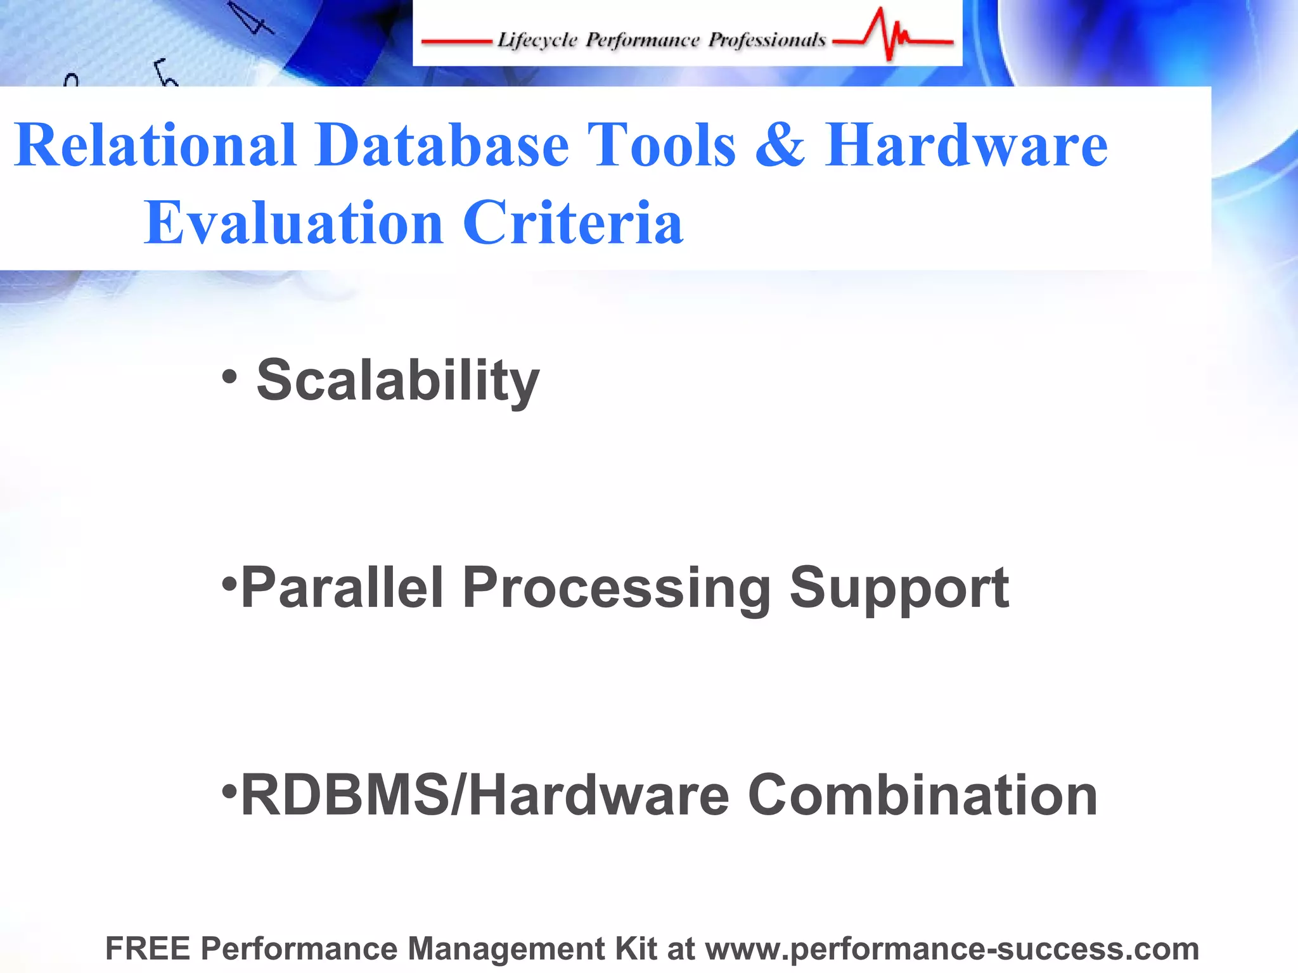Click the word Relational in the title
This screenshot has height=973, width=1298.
155,146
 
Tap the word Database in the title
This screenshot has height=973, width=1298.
442,146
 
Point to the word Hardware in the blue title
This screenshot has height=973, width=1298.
966,146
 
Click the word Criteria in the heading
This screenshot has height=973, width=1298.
573,223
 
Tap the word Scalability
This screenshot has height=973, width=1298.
398,380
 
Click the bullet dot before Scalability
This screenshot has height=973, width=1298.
229,377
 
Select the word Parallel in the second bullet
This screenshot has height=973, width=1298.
342,588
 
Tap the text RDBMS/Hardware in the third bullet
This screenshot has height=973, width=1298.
485,796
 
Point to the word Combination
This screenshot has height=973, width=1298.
923,796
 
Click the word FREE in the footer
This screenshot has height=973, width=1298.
148,948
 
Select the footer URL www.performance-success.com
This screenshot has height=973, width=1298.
952,949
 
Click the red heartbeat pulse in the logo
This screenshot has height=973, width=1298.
891,35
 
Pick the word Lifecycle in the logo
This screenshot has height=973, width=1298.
537,41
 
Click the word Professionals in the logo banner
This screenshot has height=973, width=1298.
767,41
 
